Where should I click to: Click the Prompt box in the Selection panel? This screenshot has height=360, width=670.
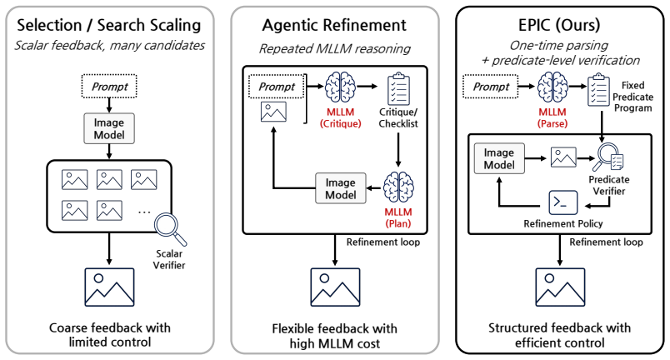tap(109, 87)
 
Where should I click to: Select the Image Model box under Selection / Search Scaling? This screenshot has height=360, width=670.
tap(109, 128)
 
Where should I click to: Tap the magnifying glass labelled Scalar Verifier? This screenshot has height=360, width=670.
tap(170, 229)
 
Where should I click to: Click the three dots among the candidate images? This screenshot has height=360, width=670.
tap(144, 212)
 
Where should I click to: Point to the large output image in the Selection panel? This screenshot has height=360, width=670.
tap(109, 287)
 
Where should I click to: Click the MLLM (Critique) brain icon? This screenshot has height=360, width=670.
tap(340, 87)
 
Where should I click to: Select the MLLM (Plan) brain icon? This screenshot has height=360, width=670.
tap(398, 187)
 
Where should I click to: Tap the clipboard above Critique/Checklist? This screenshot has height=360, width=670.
tap(398, 89)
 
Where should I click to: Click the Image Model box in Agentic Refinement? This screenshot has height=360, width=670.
tap(341, 188)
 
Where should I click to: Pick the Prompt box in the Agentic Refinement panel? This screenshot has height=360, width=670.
tap(277, 87)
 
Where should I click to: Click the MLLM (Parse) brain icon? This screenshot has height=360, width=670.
tap(552, 87)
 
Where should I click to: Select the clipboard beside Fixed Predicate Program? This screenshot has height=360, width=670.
tap(598, 90)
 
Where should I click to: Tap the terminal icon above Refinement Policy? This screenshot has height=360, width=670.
tap(562, 202)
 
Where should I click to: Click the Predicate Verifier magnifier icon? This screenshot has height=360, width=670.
tap(610, 157)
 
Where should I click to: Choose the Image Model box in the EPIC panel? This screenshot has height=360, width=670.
tap(499, 158)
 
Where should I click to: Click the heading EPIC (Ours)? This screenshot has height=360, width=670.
tap(559, 25)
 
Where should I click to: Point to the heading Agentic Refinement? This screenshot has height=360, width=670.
tap(334, 25)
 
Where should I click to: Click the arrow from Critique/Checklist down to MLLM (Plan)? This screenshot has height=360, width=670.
tap(398, 150)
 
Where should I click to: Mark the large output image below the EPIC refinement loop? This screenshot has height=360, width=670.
tap(560, 287)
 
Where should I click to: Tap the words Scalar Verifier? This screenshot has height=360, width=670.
tap(169, 259)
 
